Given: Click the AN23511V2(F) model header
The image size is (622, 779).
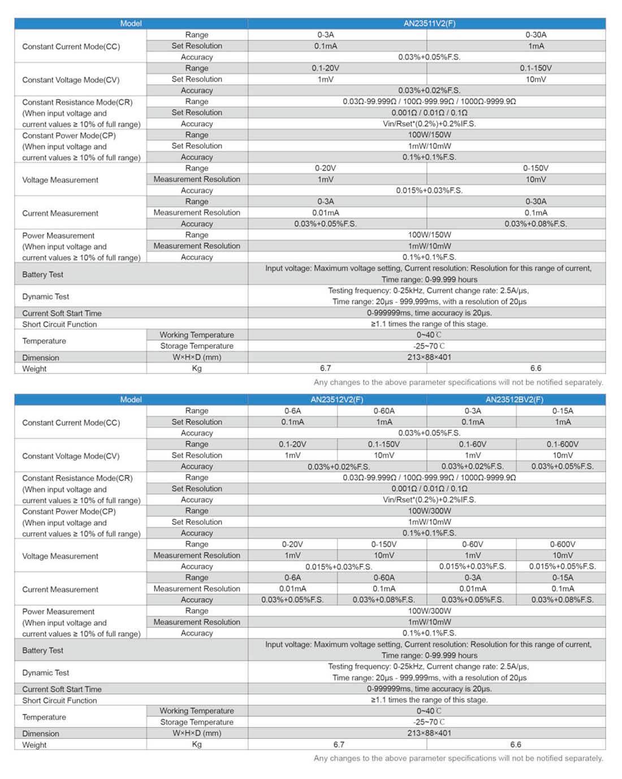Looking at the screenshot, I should [429, 23].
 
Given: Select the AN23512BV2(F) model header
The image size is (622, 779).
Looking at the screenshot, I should [515, 399].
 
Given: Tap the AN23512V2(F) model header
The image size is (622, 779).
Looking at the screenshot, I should [337, 399].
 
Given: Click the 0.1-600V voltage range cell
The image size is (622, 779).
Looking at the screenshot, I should [562, 444].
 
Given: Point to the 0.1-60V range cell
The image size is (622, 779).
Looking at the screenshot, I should [472, 444].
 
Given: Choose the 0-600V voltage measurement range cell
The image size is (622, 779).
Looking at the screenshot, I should [562, 544].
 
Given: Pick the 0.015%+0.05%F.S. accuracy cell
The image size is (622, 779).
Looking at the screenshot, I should [562, 566].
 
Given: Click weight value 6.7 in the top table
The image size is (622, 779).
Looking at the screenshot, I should [326, 368].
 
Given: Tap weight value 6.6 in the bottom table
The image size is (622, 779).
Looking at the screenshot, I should [515, 745].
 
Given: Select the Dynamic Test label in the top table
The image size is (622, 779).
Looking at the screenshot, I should [46, 297].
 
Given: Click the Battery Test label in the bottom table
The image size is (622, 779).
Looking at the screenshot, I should [43, 650].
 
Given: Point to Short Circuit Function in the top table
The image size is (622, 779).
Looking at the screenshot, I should [59, 324].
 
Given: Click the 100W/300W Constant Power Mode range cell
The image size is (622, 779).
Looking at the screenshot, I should [429, 511].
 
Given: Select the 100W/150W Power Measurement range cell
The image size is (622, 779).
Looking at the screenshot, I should [429, 235].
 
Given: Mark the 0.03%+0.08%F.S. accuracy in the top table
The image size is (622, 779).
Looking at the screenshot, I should [535, 224].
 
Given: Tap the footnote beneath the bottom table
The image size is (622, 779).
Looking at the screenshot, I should [458, 758].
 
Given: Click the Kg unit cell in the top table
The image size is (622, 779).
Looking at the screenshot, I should [197, 368].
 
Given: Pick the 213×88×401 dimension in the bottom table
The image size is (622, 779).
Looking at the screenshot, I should [429, 733].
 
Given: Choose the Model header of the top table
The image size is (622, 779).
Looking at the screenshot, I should [131, 23].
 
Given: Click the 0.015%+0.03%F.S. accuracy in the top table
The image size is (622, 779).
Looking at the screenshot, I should [429, 190].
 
